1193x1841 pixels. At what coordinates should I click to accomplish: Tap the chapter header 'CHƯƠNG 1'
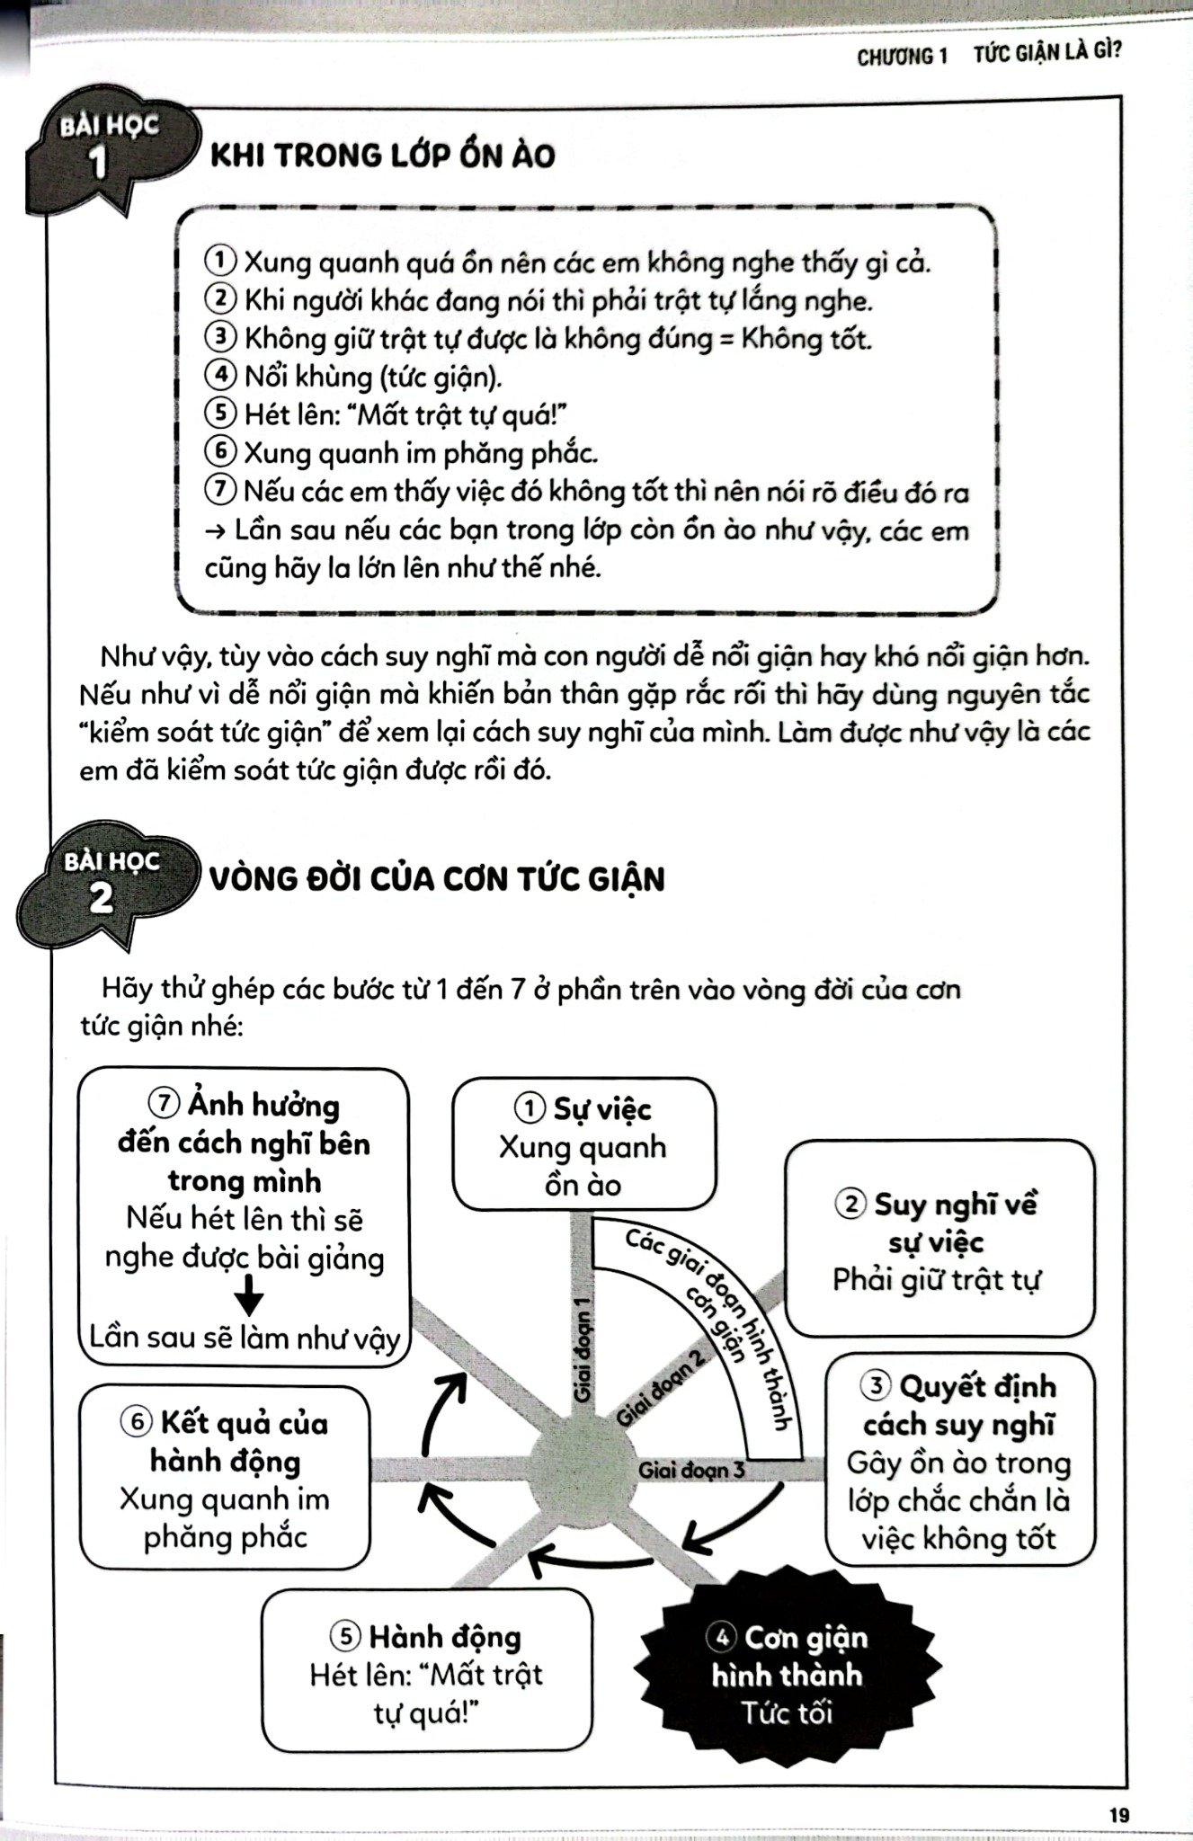coord(902,56)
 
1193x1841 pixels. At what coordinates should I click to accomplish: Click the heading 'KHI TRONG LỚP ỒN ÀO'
coord(382,156)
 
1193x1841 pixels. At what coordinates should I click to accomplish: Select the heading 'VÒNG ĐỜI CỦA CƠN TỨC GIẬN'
coord(437,878)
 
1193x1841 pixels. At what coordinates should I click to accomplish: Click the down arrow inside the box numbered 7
coord(248,1298)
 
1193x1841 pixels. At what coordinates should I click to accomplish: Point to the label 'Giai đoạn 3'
coord(690,1471)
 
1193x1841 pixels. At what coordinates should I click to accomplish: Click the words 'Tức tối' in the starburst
coord(788,1713)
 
